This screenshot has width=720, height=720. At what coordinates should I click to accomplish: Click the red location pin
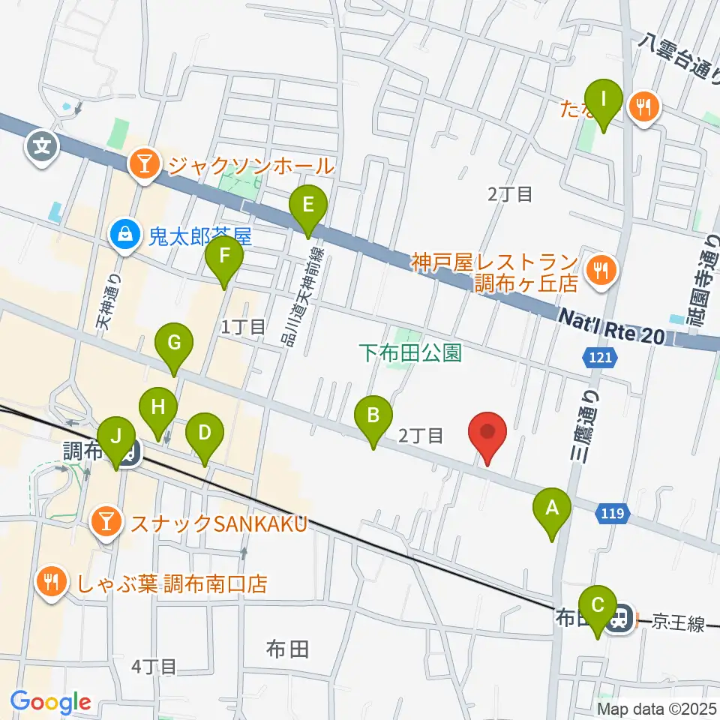pos(487,435)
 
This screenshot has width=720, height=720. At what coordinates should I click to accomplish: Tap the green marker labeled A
pos(552,510)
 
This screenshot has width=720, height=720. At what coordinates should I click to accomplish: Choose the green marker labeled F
pos(224,258)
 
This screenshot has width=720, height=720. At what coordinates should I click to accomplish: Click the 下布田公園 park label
pos(409,352)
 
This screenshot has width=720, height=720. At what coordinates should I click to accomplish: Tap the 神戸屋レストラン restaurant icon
pos(601,267)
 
